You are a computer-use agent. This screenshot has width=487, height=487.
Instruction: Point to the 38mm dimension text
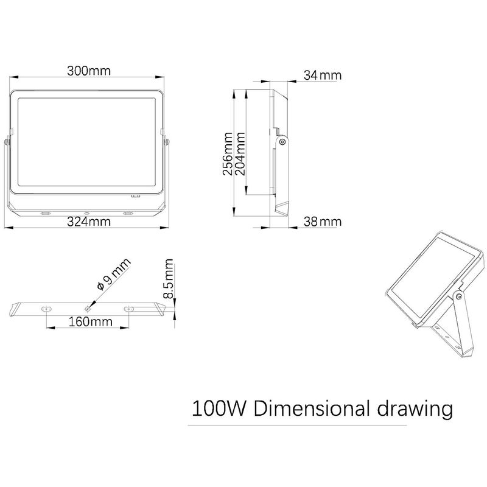pyautogui.click(x=322, y=222)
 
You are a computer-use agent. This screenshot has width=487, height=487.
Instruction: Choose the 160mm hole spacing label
pyautogui.click(x=86, y=321)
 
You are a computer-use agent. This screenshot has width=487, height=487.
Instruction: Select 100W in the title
pyautogui.click(x=217, y=407)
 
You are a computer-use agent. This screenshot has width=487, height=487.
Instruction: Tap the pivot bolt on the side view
pyautogui.click(x=282, y=142)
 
